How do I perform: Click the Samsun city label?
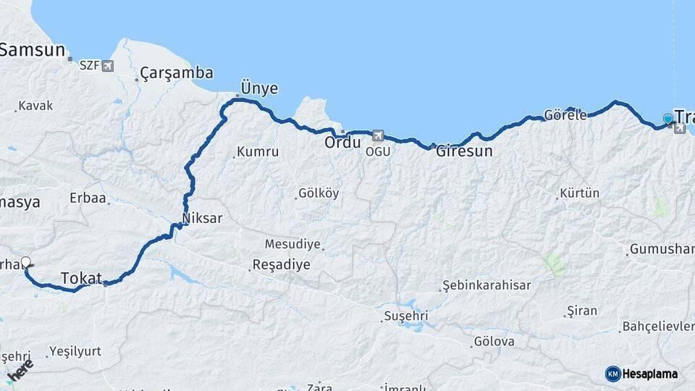33,51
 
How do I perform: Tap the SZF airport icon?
108,67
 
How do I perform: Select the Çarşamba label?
177,72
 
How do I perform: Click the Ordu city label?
342,143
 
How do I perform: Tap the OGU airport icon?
377,135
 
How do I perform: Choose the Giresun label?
464,151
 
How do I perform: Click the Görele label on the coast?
565,115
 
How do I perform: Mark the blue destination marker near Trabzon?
667,119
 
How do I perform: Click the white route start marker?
26,262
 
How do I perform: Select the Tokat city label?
81,278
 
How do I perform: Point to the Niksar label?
203,218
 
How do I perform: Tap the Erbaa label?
88,198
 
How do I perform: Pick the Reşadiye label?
282,264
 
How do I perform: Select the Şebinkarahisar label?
486,285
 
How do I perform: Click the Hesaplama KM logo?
641,374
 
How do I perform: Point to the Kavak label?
35,106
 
